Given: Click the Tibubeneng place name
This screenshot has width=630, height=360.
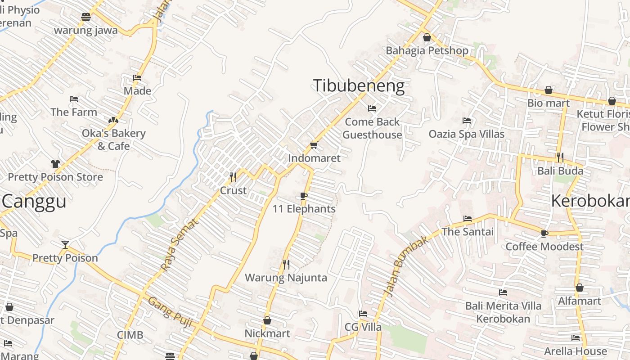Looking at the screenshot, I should [359, 85].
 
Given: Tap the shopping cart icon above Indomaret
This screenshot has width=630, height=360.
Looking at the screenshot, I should [314, 145].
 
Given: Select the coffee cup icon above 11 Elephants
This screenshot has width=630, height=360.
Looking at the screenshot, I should [304, 196].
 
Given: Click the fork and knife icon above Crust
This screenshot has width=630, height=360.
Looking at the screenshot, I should [233, 177].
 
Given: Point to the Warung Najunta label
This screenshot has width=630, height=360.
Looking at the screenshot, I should [286, 278].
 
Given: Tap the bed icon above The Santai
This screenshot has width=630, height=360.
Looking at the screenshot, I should [468, 219].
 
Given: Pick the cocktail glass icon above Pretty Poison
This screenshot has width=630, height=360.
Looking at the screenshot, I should [65, 245].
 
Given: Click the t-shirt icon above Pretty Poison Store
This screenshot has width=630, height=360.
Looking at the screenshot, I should [55, 164].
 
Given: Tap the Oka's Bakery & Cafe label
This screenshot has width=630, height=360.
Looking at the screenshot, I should [113, 139].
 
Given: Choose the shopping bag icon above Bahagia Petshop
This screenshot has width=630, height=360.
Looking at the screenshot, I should [427, 37].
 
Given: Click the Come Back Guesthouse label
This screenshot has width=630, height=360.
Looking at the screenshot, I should [372, 128].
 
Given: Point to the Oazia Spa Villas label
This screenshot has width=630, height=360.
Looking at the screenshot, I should [466, 134].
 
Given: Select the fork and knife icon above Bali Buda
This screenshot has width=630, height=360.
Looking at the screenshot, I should [560, 157].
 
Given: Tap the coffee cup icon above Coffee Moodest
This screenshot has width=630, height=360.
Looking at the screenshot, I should [544, 233].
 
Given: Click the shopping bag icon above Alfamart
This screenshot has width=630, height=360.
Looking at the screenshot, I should [580, 288].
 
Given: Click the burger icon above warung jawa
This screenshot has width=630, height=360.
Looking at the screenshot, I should [86, 17].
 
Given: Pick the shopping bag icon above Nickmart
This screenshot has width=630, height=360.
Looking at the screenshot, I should [267, 320].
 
